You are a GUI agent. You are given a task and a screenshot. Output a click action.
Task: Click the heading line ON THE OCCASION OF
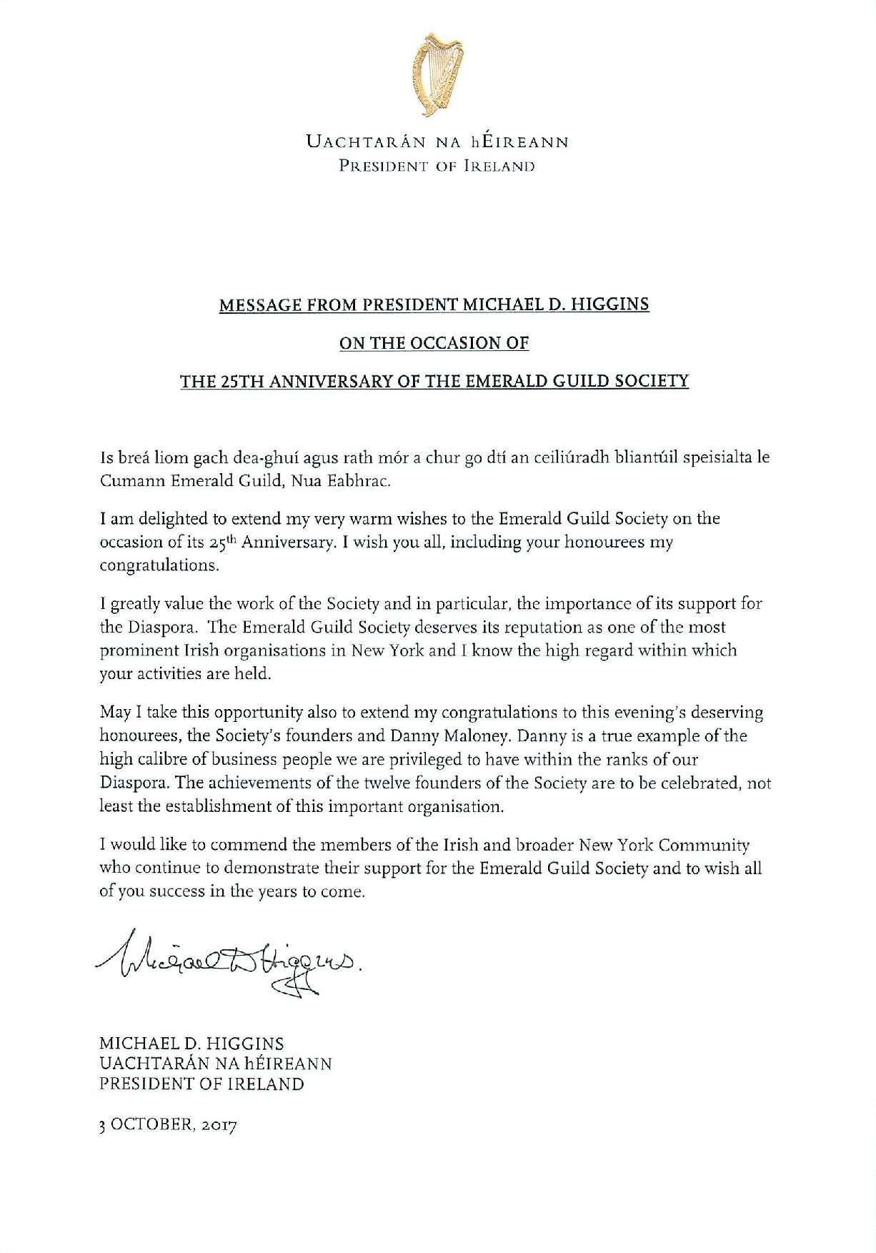point(434,342)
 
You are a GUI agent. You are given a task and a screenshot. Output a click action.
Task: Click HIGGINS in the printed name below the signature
point(244,1044)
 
